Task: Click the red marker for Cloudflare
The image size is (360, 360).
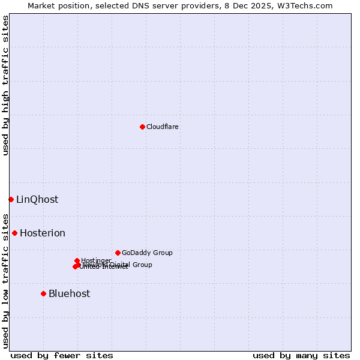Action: click(x=142, y=127)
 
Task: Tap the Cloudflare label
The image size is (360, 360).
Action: click(x=163, y=127)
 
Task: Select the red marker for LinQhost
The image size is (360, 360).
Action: click(x=11, y=199)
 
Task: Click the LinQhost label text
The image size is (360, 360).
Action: click(x=37, y=200)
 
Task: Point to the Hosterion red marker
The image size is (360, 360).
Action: click(x=14, y=233)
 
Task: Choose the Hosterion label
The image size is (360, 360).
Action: click(x=43, y=233)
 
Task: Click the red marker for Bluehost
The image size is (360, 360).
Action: click(x=43, y=293)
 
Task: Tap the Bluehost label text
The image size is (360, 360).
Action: click(x=69, y=293)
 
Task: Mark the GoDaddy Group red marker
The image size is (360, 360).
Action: click(x=118, y=253)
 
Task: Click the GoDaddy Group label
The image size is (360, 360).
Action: click(x=147, y=253)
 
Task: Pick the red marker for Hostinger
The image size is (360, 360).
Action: click(x=77, y=260)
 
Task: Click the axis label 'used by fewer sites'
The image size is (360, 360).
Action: click(x=62, y=355)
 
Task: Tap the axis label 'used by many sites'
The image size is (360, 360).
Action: click(x=301, y=355)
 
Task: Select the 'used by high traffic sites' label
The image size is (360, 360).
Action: click(x=5, y=85)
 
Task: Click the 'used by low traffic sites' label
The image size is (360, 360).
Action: click(x=5, y=280)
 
